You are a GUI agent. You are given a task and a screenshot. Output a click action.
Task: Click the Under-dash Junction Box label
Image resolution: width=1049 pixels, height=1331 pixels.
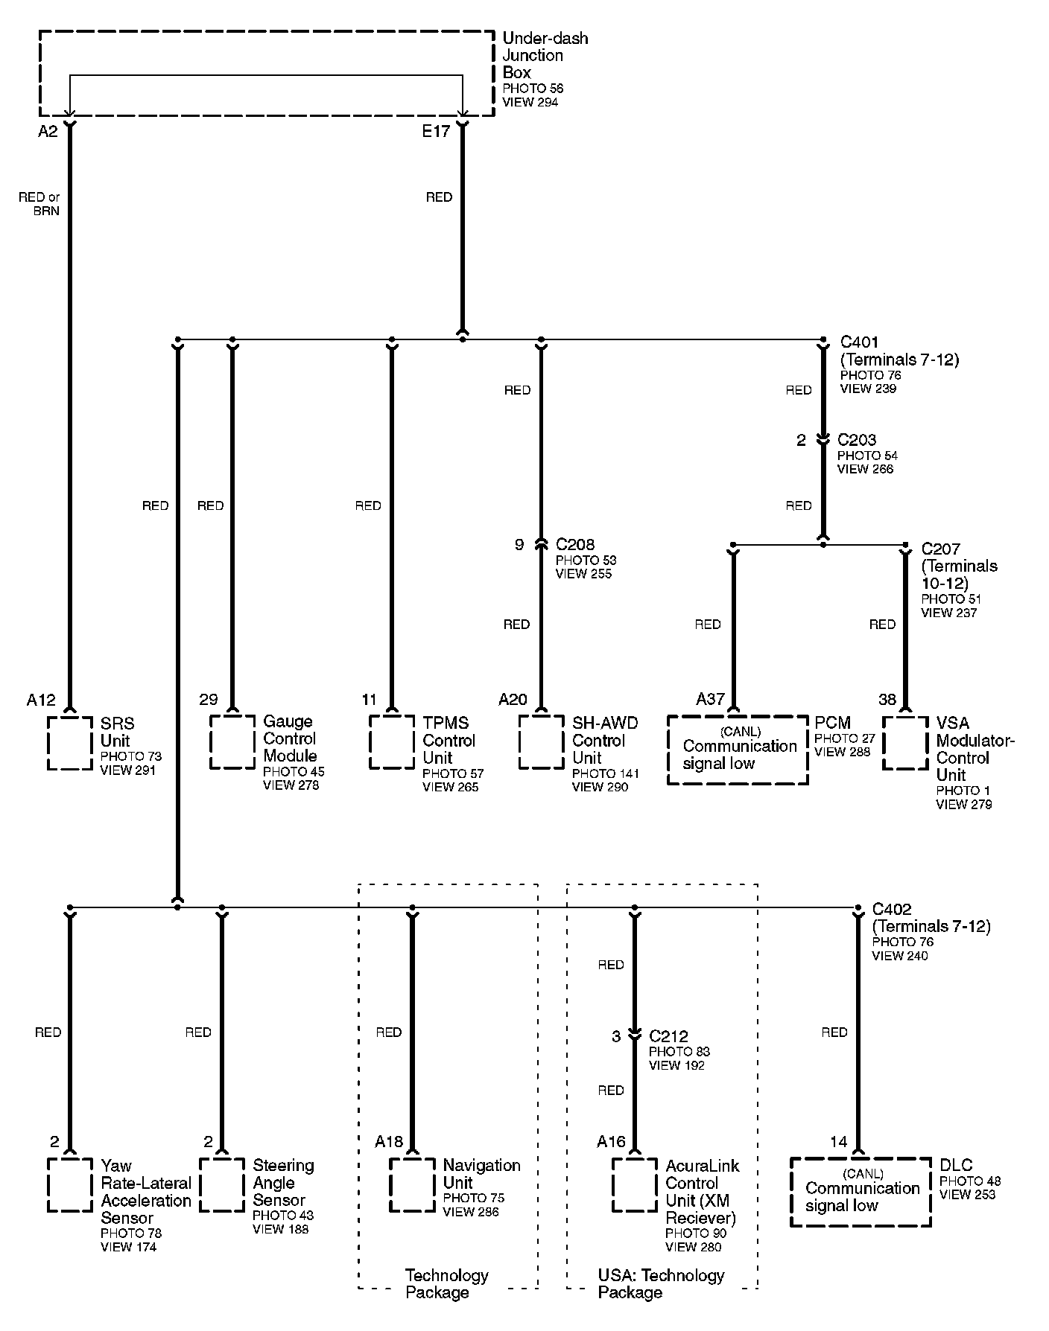point(545,55)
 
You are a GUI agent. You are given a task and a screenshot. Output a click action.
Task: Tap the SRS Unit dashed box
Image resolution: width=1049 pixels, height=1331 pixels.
point(70,742)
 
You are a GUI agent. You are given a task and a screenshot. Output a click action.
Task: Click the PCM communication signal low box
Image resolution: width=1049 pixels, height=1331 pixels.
point(737,749)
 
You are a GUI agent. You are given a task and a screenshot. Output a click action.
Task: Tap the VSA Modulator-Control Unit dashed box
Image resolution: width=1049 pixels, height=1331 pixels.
point(905,742)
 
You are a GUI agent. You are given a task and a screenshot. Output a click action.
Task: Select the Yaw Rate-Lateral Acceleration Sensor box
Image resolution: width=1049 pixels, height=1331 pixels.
point(70,1184)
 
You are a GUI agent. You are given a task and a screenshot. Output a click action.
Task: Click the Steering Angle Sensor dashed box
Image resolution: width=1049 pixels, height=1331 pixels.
point(222,1184)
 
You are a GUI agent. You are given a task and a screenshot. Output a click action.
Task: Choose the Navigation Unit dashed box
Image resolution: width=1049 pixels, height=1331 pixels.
point(412,1184)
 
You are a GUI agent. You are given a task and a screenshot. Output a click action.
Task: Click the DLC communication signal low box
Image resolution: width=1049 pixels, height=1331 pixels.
point(861,1191)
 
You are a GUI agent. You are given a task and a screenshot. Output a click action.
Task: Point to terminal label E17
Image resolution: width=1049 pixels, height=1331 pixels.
point(436,132)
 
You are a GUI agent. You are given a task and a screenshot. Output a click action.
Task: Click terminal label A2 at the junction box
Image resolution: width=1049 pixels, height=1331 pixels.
point(48,132)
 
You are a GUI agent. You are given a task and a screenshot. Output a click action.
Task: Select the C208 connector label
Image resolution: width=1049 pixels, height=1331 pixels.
point(575,544)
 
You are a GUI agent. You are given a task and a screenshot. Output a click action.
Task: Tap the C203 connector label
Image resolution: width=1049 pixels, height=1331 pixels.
point(857,440)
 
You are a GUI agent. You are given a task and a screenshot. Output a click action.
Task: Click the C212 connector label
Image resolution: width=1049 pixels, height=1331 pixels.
point(668,1036)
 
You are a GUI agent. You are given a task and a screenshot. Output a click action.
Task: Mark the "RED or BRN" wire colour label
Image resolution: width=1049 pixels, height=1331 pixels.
point(39,204)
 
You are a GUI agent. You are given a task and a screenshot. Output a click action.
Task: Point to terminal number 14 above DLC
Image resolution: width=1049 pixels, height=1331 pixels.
point(838,1142)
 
